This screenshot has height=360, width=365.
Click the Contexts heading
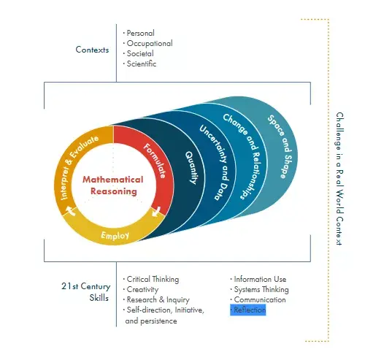point(92,50)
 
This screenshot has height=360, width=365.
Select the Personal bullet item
point(139,33)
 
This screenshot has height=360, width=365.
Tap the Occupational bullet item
point(148,43)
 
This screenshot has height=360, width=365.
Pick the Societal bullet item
point(139,53)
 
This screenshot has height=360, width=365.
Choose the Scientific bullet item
point(139,64)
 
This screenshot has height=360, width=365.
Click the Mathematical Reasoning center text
point(113,185)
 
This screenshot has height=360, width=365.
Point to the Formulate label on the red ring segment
point(155,161)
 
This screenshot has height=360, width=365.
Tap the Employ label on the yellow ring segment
point(115,235)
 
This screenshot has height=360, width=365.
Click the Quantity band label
point(191,168)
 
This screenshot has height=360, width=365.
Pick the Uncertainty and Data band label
point(215,162)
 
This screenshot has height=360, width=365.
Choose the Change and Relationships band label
point(242,156)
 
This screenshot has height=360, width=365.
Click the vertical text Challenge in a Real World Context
point(339,179)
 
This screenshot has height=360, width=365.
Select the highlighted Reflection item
point(248,310)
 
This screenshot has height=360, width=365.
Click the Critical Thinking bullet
point(151,279)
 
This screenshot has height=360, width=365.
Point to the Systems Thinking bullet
point(260,289)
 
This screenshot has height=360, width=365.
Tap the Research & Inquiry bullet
point(156,299)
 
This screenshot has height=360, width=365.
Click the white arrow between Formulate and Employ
point(156,212)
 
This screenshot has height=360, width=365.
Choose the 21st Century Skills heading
point(86,292)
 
